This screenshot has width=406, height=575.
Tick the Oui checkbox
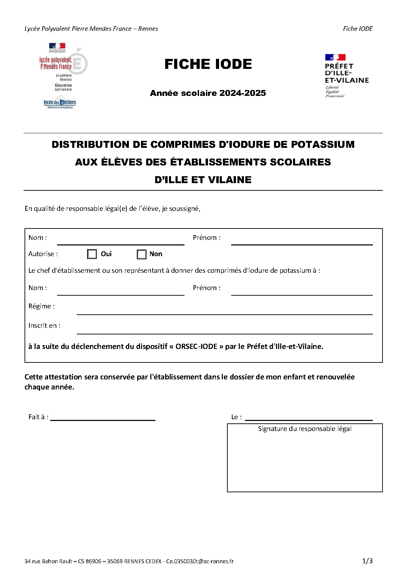click(92, 254)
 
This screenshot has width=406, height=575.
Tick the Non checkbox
click(142, 254)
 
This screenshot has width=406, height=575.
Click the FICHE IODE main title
click(208, 64)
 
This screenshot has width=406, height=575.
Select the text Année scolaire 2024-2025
click(208, 93)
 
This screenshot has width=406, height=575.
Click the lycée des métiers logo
click(60, 103)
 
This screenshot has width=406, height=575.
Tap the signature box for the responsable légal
click(304, 460)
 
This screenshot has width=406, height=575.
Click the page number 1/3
click(367, 561)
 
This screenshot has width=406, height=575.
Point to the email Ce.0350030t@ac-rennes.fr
click(200, 561)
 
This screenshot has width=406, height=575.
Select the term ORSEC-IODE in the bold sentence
click(196, 347)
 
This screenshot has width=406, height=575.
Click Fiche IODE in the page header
click(358, 29)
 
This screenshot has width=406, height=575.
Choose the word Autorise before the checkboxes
click(41, 254)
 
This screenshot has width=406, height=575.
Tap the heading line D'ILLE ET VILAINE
click(203, 180)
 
